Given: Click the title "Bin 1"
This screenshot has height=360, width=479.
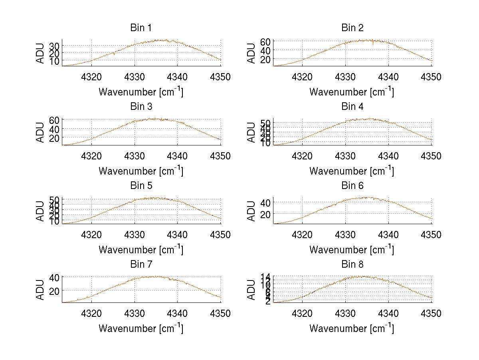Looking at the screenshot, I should pos(141,28).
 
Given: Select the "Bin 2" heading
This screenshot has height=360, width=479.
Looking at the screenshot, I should pos(352,28).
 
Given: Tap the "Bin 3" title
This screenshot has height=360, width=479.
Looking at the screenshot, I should pos(141,107).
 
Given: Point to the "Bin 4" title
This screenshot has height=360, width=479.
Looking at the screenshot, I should pos(352,107).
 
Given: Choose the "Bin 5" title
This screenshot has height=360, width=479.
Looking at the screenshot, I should pos(141,186).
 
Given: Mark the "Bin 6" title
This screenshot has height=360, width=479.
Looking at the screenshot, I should pos(352,186).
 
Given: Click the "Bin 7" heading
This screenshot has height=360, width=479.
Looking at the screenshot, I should pos(141,265).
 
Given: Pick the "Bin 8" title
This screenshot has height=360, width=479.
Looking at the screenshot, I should pos(352,265).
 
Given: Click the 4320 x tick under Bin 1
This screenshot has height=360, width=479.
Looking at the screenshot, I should pos(91,77).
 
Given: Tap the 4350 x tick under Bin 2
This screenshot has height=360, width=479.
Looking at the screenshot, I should pos(431,77).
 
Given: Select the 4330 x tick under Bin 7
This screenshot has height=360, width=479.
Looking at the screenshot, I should pos(135,314).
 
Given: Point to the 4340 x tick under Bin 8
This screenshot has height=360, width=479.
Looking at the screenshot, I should pos(388,314).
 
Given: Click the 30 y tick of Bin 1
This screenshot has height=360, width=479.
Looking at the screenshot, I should pos(55,46).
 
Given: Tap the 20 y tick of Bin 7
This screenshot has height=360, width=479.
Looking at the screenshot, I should pos(55,290).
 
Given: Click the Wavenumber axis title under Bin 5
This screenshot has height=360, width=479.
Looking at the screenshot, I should pos(141,250).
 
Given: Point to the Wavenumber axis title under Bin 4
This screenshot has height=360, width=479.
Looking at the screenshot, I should pos(352,171).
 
